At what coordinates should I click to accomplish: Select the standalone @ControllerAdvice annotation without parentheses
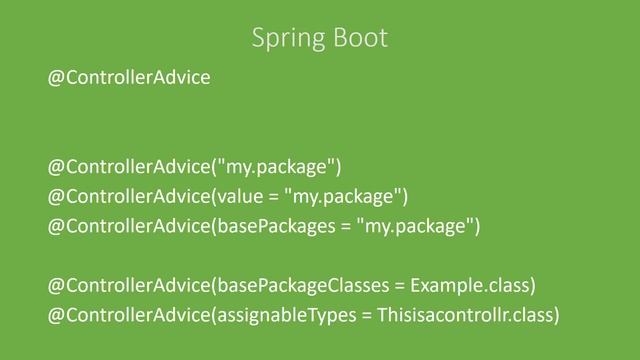pyautogui.click(x=130, y=78)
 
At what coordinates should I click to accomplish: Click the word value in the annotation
pyautogui.click(x=240, y=193)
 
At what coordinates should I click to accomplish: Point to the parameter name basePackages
pyautogui.click(x=280, y=226)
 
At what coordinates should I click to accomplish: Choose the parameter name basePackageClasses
pyautogui.click(x=304, y=286)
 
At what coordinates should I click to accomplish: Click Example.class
pyautogui.click(x=469, y=286)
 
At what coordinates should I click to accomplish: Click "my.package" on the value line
pyautogui.click(x=342, y=193)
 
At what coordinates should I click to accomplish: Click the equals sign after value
pyautogui.click(x=273, y=194)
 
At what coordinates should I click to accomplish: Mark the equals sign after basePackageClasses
pyautogui.click(x=402, y=287)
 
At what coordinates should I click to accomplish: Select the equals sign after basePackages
pyautogui.click(x=344, y=227)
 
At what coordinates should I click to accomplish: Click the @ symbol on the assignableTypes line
pyautogui.click(x=57, y=316)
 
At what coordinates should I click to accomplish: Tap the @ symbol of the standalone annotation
pyautogui.click(x=57, y=78)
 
